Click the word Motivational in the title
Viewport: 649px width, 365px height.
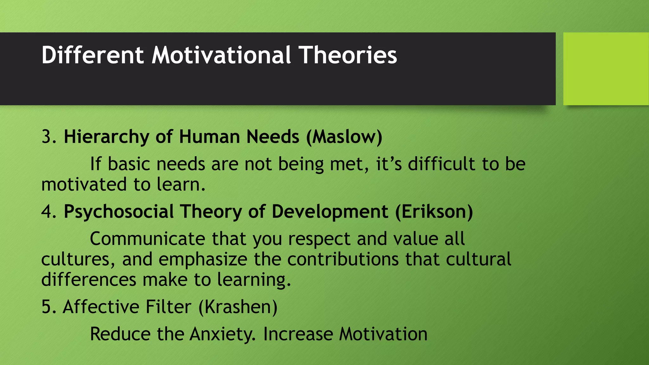221,55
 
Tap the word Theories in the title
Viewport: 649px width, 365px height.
348,55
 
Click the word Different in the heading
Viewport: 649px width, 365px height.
93,55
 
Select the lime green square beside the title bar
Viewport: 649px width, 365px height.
606,69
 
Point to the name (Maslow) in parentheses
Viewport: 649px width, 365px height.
344,137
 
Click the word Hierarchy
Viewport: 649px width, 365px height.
106,137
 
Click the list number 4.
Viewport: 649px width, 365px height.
48,212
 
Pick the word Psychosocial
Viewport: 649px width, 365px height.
119,212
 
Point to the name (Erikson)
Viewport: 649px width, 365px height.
434,212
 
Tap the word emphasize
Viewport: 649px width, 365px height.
203,259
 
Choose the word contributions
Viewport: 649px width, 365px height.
343,259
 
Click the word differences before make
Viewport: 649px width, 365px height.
89,280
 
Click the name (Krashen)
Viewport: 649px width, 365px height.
238,307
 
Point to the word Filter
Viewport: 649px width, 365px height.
168,307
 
